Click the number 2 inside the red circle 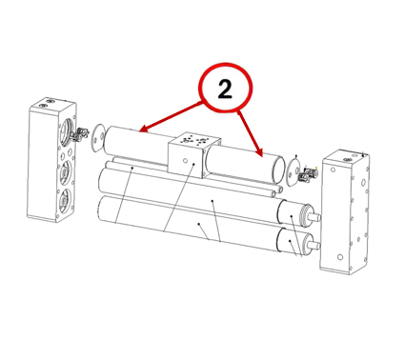click(x=225, y=89)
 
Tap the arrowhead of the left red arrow click(x=144, y=129)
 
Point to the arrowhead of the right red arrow click(x=259, y=152)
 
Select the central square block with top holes click(x=194, y=153)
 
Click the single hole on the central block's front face click(x=185, y=161)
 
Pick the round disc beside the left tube click(x=97, y=138)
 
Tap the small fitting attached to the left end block click(x=80, y=134)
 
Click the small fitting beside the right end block click(x=308, y=175)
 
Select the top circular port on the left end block click(x=66, y=130)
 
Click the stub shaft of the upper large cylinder click(x=315, y=217)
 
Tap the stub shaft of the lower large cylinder click(x=313, y=246)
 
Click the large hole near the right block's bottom click(x=340, y=257)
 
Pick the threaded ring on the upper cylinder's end click(x=305, y=214)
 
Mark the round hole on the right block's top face click(x=347, y=159)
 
